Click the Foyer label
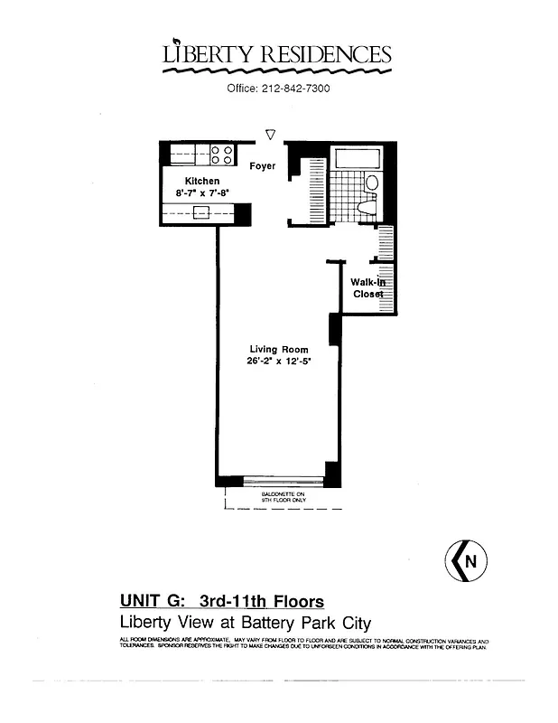click(263, 166)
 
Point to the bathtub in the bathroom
click(358, 158)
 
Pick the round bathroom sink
click(371, 183)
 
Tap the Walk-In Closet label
click(368, 287)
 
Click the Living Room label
click(278, 349)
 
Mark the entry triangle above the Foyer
click(270, 135)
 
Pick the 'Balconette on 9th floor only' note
click(284, 497)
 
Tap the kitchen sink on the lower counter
click(202, 212)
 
